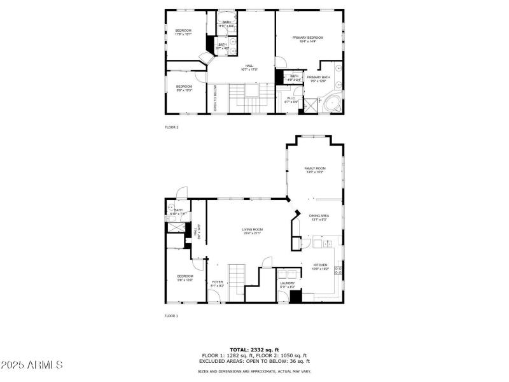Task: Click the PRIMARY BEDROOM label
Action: click(x=308, y=39)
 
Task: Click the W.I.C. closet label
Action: click(x=291, y=99)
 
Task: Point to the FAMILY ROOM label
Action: click(x=314, y=170)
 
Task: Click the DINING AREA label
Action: click(x=319, y=218)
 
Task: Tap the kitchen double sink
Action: click(x=326, y=243)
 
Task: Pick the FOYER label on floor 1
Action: click(x=218, y=284)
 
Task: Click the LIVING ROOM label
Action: click(x=252, y=231)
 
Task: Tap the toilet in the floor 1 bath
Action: click(x=171, y=208)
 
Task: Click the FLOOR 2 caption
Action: click(x=172, y=127)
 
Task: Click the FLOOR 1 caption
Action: click(x=172, y=316)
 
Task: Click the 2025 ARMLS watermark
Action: click(x=32, y=365)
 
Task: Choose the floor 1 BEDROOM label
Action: click(x=185, y=278)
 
